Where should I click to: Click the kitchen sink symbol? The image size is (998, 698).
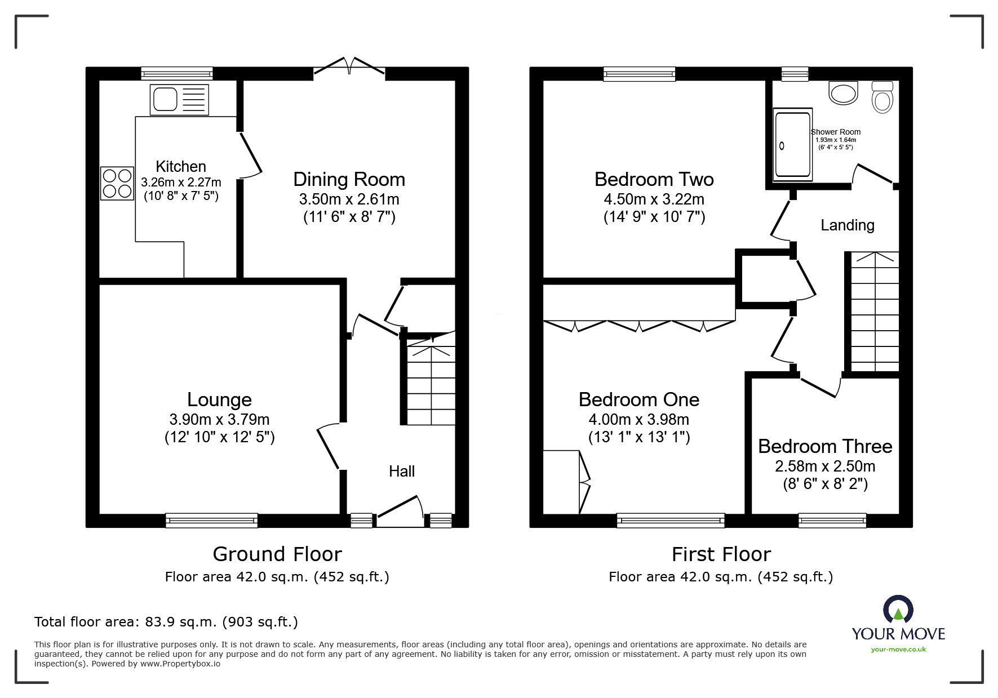(x=179, y=100)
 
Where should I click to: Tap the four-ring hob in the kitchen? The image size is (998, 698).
(x=117, y=183)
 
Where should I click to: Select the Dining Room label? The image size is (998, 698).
(x=349, y=179)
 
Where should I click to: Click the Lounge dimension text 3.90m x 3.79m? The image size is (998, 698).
(x=219, y=419)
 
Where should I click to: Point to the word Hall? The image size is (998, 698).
(x=402, y=471)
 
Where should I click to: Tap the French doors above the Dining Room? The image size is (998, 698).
(x=349, y=66)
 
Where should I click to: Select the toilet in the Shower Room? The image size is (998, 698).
(x=882, y=97)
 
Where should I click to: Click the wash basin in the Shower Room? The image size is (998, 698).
(x=843, y=93)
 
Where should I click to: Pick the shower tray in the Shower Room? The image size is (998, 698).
(x=793, y=144)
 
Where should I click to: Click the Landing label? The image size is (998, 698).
(x=847, y=225)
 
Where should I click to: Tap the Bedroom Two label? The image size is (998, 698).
(x=654, y=179)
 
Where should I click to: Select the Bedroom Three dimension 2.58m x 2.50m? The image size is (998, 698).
(x=825, y=466)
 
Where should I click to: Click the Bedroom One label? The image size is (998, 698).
(x=638, y=399)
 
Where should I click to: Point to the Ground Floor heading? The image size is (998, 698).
(x=277, y=554)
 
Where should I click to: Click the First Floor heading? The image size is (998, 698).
(x=721, y=554)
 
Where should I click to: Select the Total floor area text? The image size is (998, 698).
(x=166, y=622)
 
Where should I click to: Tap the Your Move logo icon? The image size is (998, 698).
(x=898, y=611)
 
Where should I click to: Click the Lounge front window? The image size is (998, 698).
(x=211, y=520)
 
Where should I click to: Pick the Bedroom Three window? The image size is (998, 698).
(x=832, y=520)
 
